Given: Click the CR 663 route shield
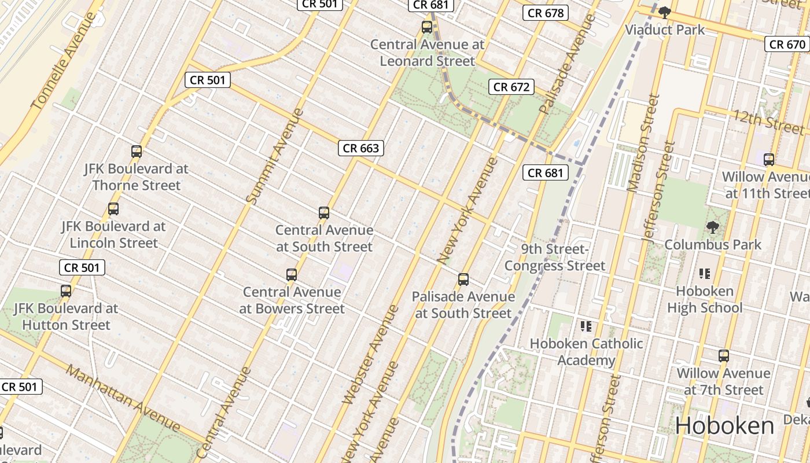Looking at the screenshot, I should click(x=361, y=148).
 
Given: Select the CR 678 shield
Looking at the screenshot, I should click(x=546, y=13).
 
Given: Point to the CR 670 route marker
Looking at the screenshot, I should click(x=787, y=44).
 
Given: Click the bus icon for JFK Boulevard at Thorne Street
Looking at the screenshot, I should click(x=137, y=152).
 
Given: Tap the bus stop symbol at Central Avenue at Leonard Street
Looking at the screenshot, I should click(x=427, y=27).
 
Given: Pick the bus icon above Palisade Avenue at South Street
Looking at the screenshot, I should click(x=463, y=280).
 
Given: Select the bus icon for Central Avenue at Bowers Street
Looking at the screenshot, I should click(x=292, y=274).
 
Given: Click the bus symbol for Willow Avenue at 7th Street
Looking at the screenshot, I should click(x=723, y=355).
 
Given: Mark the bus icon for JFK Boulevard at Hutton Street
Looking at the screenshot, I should click(x=66, y=291).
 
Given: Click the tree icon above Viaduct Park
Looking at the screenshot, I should click(x=665, y=12).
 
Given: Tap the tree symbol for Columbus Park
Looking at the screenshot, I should click(x=712, y=227).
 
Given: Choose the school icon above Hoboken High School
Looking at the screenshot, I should click(x=704, y=273).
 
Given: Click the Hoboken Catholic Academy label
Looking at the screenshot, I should click(x=586, y=352).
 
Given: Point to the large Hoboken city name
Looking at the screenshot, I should click(x=724, y=426).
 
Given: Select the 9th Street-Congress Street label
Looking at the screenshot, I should click(x=555, y=258).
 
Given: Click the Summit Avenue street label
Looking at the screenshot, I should click(x=275, y=156).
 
